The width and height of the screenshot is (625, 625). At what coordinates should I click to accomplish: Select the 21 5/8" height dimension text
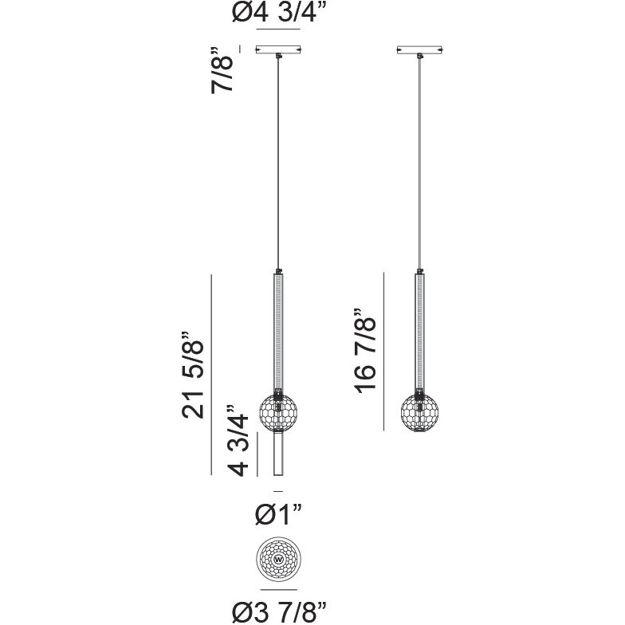click(x=194, y=375)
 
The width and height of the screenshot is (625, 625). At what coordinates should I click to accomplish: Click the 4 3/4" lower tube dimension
click(x=242, y=438)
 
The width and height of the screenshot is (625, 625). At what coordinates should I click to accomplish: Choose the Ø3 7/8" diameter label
click(x=280, y=611)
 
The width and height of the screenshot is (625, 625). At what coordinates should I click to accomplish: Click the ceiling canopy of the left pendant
click(x=277, y=49)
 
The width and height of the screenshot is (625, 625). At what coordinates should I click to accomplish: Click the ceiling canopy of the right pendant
click(x=419, y=49)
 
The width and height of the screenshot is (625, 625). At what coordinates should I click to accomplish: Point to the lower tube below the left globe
click(x=277, y=454)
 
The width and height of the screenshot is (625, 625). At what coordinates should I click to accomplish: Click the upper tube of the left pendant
click(x=277, y=331)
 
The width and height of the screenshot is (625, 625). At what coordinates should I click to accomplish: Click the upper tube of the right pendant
click(x=419, y=331)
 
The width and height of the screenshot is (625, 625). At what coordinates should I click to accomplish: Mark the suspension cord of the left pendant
click(x=278, y=159)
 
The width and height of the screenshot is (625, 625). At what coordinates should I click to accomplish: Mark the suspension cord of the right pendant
click(x=420, y=159)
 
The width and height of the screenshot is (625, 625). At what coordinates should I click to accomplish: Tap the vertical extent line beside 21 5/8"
click(x=211, y=375)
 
